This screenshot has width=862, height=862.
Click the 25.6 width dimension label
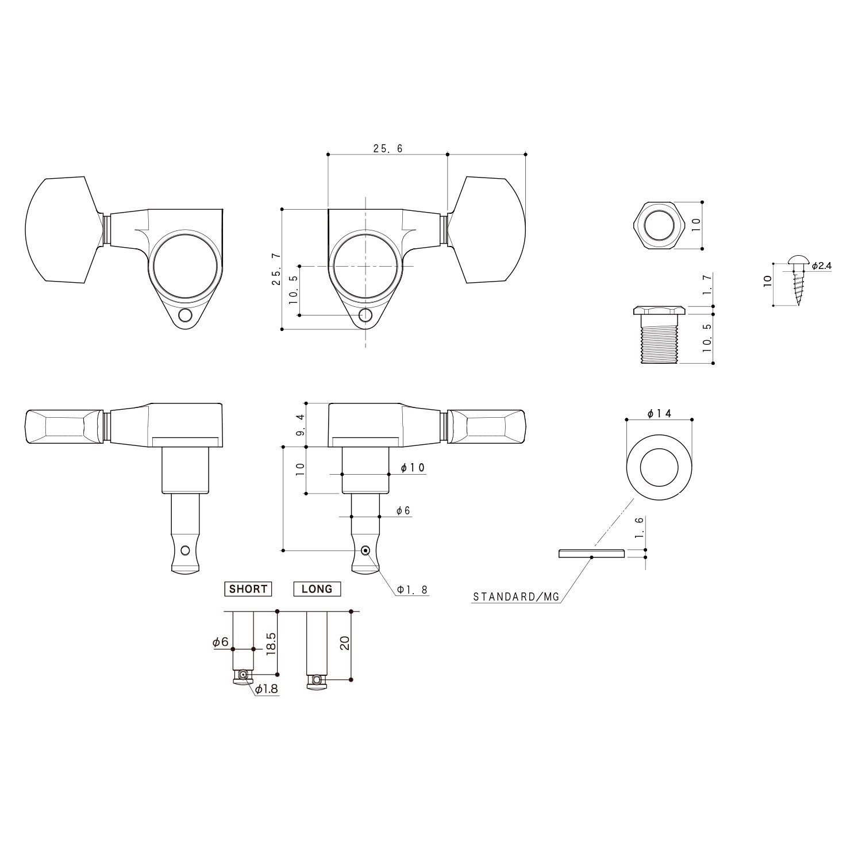(x=388, y=148)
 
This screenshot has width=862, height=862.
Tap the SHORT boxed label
(x=248, y=589)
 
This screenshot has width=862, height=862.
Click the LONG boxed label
(x=317, y=589)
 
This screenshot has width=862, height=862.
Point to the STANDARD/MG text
(x=515, y=597)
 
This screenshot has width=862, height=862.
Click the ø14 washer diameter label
(x=659, y=414)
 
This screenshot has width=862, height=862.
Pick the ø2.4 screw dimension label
(x=822, y=266)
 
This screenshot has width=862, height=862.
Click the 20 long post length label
(x=345, y=643)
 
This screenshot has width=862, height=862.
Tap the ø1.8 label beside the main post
(x=413, y=590)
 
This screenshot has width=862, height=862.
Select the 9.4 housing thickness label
(x=299, y=425)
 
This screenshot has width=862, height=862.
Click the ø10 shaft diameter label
(x=412, y=468)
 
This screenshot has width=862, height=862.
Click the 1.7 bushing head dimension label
(x=707, y=286)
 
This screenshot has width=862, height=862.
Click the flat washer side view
(x=591, y=553)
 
